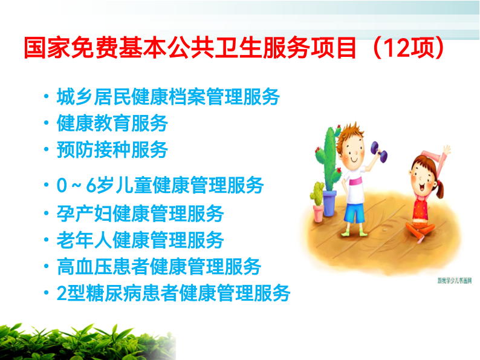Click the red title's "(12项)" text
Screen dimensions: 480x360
pyautogui.click(x=407, y=47)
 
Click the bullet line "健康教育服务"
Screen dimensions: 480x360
pyautogui.click(x=112, y=123)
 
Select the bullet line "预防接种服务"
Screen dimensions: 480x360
pyautogui.click(x=112, y=150)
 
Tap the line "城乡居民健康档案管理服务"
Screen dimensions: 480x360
pyautogui.click(x=168, y=97)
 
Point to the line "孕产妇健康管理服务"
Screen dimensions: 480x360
pyautogui.click(x=140, y=213)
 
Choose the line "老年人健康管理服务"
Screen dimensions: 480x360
pyautogui.click(x=140, y=240)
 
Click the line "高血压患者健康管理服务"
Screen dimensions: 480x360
pyautogui.click(x=159, y=267)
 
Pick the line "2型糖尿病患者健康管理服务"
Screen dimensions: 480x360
pyautogui.click(x=174, y=293)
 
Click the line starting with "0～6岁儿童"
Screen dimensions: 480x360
pyautogui.click(x=160, y=185)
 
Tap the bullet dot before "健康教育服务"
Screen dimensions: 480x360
pyautogui.click(x=46, y=123)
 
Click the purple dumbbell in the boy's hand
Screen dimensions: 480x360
pyautogui.click(x=379, y=152)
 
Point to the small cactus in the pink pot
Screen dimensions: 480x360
pyautogui.click(x=317, y=194)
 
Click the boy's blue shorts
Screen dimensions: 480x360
pyautogui.click(x=355, y=212)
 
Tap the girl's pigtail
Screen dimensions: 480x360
pyautogui.click(x=439, y=189)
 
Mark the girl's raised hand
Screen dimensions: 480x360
pyautogui.click(x=447, y=150)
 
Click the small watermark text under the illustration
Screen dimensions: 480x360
pyautogui.click(x=454, y=280)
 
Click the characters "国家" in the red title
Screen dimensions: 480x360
pyautogui.click(x=48, y=47)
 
